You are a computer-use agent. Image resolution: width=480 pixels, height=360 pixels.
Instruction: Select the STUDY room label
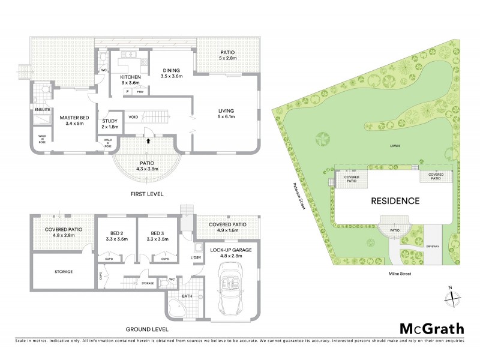(110, 124)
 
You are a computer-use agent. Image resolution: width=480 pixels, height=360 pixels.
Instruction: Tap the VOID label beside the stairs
(133, 116)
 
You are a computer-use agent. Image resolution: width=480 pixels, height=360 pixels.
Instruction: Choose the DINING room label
(171, 73)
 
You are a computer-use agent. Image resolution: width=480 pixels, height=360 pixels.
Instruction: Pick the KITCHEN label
(130, 80)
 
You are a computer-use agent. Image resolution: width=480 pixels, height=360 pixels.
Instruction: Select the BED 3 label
(157, 236)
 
